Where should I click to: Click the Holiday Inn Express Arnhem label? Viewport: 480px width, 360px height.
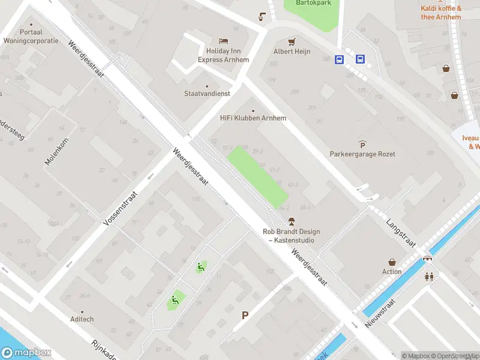coord(223,55)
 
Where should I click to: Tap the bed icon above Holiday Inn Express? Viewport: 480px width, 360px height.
coord(223,41)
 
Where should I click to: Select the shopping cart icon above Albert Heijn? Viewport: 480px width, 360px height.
coord(292,41)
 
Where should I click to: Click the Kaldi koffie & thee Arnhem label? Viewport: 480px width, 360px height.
coord(441,13)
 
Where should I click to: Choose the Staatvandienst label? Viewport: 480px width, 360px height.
coord(208,94)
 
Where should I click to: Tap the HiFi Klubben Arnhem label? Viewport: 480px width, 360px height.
coord(253,118)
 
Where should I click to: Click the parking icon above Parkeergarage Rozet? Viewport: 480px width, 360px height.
coord(362,144)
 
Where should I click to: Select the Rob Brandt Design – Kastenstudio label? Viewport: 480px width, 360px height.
coord(292,236)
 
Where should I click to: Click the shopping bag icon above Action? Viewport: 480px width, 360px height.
coord(392,262)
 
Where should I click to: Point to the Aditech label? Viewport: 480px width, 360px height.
coord(82,319)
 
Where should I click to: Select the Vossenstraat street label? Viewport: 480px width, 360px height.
coord(121,208)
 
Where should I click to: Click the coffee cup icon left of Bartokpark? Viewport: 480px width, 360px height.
coord(262,16)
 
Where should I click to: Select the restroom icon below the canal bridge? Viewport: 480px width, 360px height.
coord(429,277)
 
